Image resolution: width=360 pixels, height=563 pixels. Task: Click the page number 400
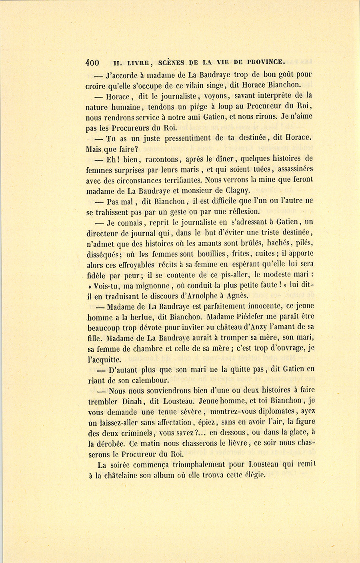click(x=92, y=62)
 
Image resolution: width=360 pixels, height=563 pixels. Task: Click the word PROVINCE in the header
click(x=265, y=62)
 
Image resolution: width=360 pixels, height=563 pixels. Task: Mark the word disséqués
click(x=104, y=254)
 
